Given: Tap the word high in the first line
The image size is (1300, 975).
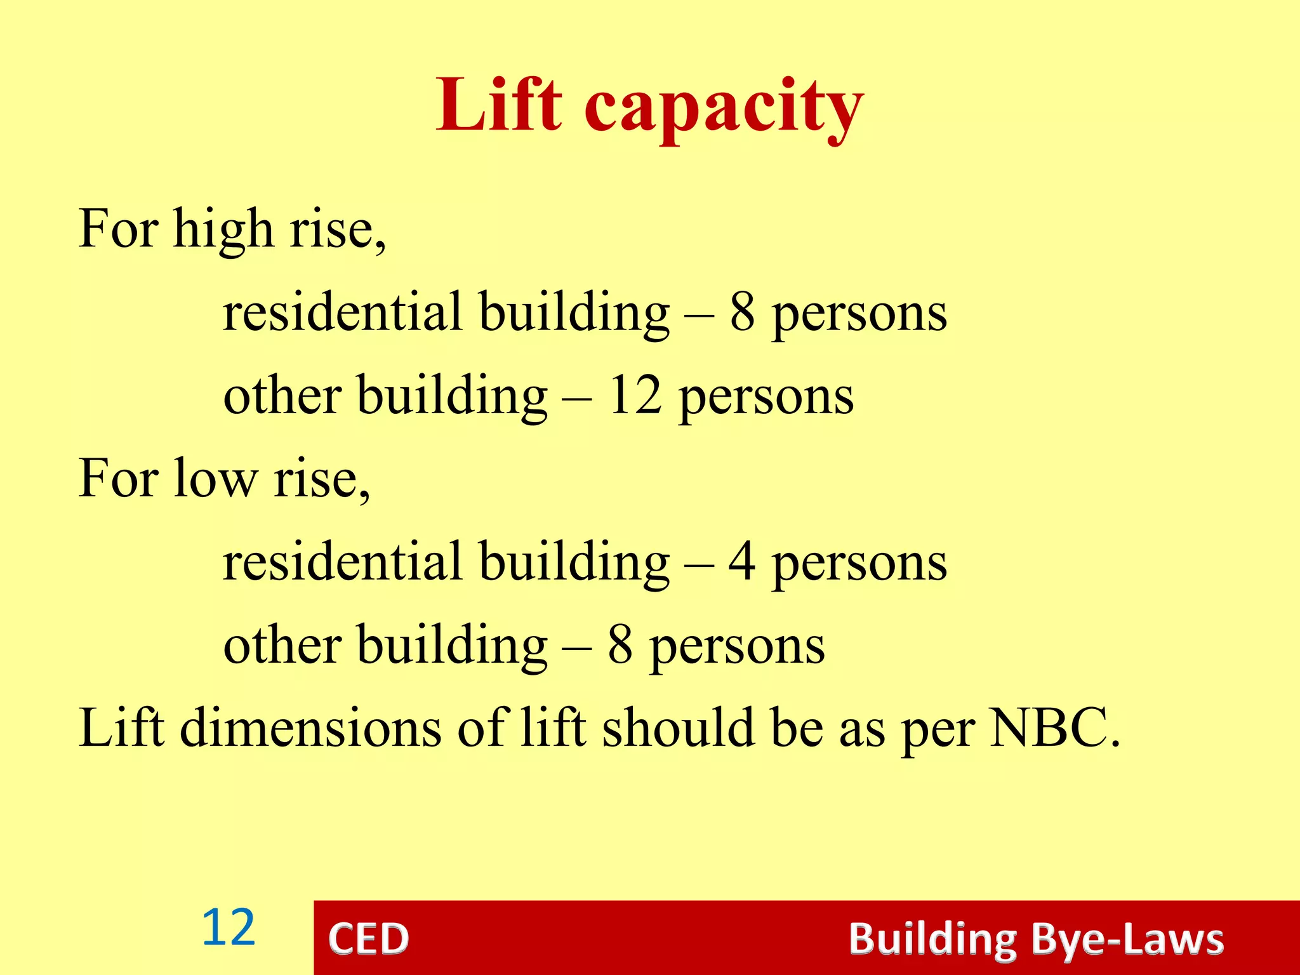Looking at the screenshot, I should click(223, 230).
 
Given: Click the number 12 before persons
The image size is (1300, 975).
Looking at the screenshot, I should click(635, 395).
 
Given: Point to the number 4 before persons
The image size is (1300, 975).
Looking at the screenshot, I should click(742, 562).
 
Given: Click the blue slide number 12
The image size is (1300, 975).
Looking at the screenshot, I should click(229, 928).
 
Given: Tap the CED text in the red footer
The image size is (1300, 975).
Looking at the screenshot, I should click(369, 939).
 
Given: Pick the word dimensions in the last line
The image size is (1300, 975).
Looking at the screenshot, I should click(310, 728).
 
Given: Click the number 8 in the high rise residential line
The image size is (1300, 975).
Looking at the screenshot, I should click(742, 312).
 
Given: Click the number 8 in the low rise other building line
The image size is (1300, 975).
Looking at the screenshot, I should click(620, 645).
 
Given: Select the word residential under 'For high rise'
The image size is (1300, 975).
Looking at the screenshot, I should click(343, 312).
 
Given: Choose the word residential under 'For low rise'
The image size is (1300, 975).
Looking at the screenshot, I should click(343, 562).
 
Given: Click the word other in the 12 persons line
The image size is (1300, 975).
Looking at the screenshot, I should click(282, 395).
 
